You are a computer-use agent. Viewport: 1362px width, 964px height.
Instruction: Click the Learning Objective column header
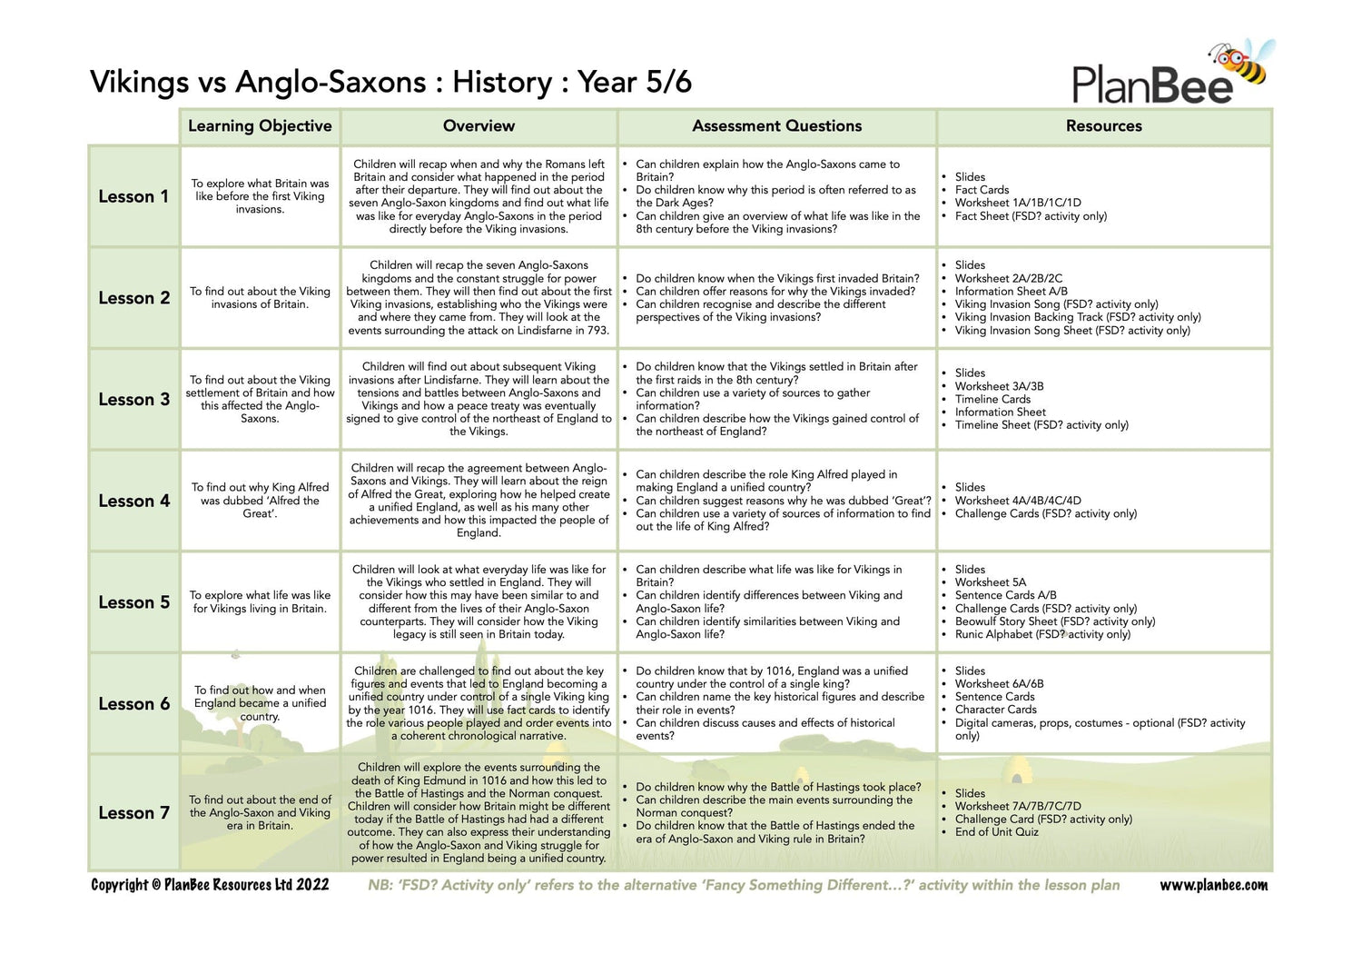[260, 126]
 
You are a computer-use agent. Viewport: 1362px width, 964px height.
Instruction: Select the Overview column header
[479, 126]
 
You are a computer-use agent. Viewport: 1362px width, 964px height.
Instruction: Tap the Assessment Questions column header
[776, 126]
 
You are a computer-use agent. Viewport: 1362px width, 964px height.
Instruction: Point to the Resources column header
[1103, 126]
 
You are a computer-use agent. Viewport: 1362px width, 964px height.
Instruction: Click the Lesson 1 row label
[133, 196]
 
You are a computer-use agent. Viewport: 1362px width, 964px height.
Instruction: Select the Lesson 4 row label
[133, 501]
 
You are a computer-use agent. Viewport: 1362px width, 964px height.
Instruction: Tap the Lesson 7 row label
[133, 813]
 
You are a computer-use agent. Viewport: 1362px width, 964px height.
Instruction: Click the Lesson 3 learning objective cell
[260, 399]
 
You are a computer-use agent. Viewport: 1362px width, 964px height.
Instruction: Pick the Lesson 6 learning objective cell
[260, 703]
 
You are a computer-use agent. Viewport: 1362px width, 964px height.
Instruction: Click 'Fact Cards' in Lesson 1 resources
[982, 190]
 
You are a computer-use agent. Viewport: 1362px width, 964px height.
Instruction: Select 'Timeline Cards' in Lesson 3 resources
[992, 399]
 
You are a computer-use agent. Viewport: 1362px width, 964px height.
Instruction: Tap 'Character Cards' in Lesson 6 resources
[995, 710]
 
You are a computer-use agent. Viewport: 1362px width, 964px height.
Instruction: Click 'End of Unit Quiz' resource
[996, 832]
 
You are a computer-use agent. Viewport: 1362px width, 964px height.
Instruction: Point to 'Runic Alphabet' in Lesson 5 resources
[993, 634]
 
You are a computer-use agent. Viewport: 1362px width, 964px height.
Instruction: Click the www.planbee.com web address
[1213, 885]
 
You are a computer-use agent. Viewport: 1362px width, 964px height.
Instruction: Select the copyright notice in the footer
[210, 885]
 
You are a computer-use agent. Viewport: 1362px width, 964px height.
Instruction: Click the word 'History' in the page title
[502, 82]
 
